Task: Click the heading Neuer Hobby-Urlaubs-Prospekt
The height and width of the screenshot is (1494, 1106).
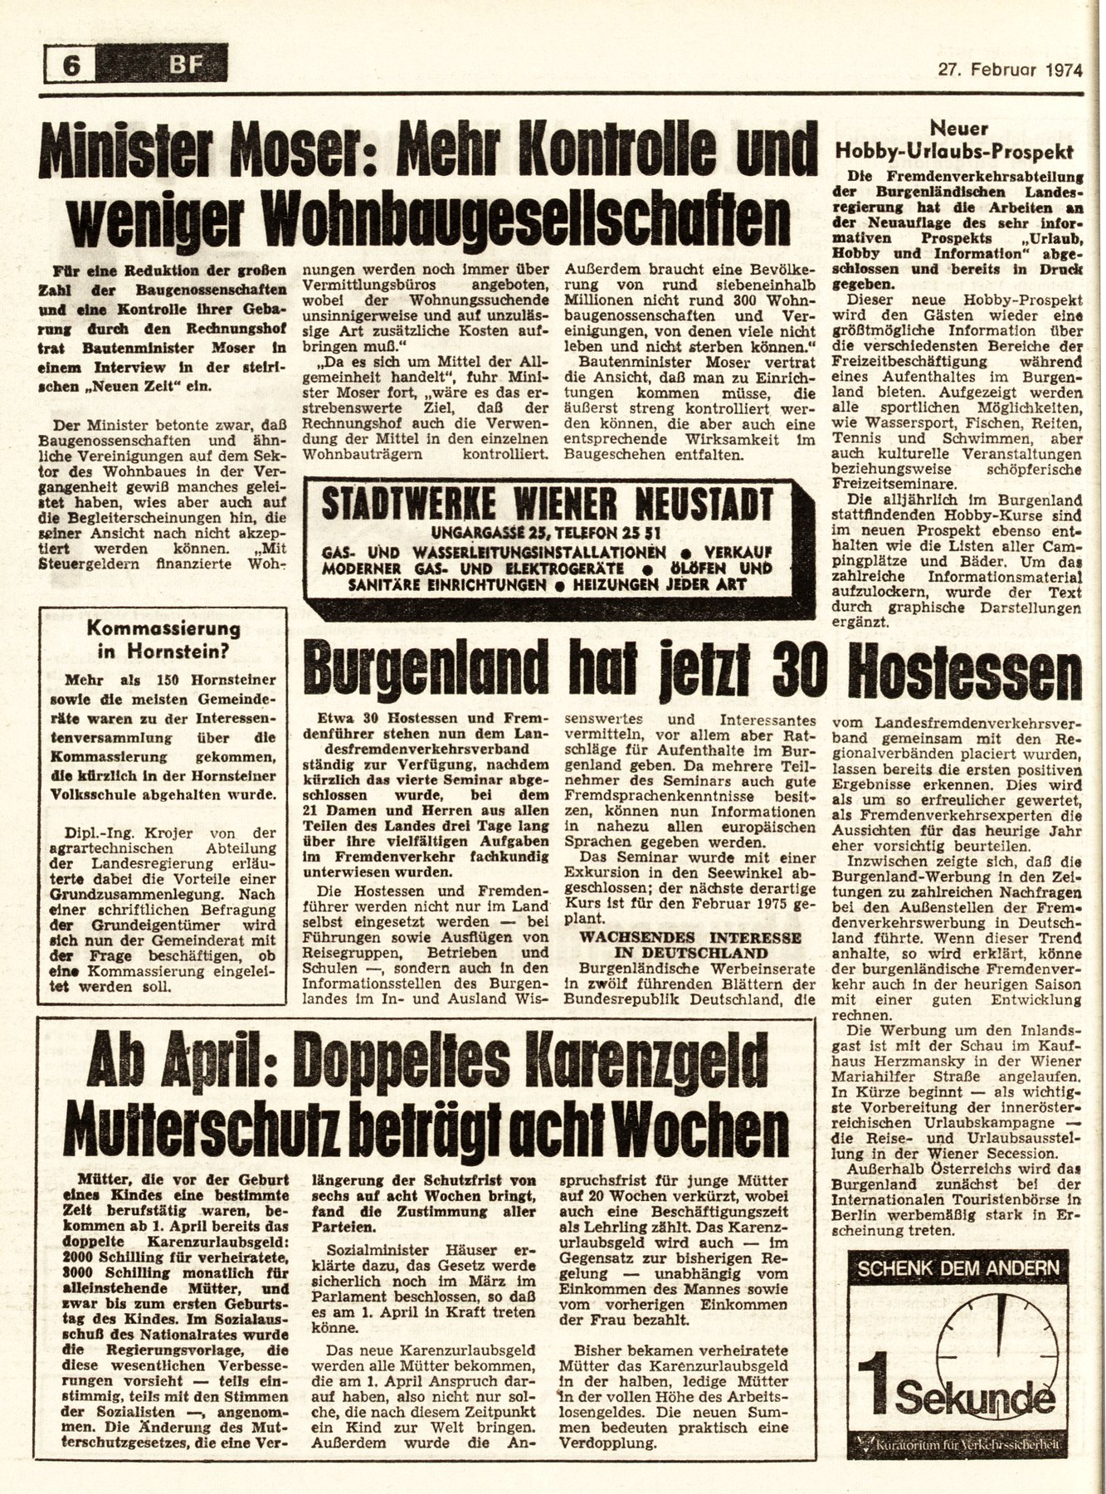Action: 954,140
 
